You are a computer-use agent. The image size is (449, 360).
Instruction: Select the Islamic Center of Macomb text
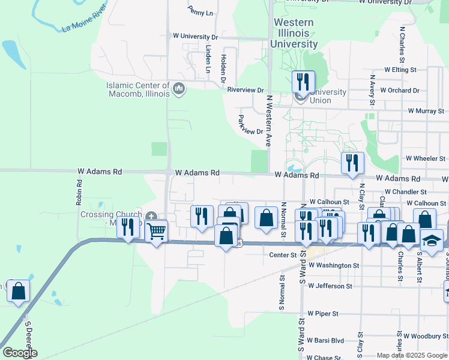point(137,89)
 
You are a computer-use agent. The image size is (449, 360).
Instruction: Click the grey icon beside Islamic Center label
point(178,89)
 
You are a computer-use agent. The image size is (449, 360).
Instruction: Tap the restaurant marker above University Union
point(303,82)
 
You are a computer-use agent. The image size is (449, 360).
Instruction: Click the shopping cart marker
point(156,230)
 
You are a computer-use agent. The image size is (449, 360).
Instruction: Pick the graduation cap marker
point(432,240)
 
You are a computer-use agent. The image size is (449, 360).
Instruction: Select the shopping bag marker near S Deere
point(18,292)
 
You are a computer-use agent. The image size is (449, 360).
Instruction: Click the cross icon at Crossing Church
point(151,217)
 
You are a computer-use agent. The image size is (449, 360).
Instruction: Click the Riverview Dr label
point(246,90)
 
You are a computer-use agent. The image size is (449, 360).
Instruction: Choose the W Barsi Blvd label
point(325,340)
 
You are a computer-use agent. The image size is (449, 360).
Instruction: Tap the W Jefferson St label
point(330,286)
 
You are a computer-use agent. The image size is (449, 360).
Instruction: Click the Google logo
point(20,353)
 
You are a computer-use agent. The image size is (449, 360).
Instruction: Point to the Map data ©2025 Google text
point(412,355)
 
